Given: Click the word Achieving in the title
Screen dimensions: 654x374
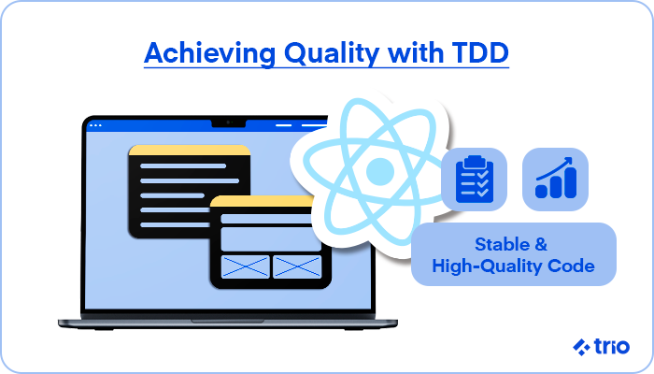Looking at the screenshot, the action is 209,53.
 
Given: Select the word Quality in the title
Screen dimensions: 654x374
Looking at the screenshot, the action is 331,53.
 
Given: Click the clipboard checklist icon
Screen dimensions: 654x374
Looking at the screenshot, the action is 475,180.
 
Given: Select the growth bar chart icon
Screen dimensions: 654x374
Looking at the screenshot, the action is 556,178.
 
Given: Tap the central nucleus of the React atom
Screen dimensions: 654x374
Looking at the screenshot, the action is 380,171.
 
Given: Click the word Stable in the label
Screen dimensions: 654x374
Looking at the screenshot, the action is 502,244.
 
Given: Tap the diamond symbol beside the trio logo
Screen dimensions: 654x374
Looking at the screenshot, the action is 581,347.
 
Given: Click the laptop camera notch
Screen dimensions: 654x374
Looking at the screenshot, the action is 229,122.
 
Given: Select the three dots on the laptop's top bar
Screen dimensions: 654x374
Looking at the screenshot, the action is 95,125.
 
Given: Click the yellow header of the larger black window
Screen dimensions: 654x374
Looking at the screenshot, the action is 190,151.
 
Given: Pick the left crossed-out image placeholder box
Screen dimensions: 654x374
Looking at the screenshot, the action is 245,266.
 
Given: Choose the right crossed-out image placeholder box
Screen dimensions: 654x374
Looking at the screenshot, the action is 297,266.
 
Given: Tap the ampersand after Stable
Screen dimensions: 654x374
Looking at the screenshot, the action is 541,244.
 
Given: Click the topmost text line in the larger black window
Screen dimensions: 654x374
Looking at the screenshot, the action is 183,166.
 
